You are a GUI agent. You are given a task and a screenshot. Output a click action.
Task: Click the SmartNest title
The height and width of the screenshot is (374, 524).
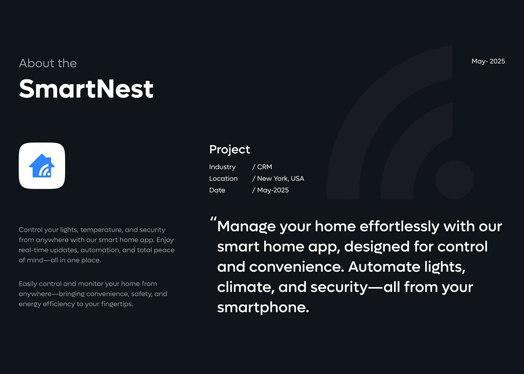[x=86, y=88]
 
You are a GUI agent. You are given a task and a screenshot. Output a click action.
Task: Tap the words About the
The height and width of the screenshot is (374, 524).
[x=48, y=63]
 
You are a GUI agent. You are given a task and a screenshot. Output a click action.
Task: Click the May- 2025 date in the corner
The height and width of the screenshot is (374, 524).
[x=488, y=61]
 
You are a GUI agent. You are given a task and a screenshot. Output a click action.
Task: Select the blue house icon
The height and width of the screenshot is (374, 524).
[x=42, y=166]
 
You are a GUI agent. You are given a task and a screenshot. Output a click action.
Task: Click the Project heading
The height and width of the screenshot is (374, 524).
[x=229, y=150]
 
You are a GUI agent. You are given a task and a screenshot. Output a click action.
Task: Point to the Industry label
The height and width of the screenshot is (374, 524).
[x=222, y=167]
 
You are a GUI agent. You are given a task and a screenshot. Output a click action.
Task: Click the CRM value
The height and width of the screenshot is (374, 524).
[x=265, y=167]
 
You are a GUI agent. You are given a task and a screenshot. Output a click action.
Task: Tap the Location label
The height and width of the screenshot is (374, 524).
[x=223, y=178]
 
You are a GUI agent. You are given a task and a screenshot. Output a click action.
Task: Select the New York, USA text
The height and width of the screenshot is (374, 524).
[x=280, y=178]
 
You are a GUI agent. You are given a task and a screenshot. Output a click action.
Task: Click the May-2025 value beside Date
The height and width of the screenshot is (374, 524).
[x=273, y=190]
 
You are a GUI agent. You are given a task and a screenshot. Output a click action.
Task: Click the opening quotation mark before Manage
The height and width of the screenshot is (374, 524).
[x=213, y=219]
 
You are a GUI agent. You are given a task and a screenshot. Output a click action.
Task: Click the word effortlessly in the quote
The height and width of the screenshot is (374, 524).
[x=400, y=226]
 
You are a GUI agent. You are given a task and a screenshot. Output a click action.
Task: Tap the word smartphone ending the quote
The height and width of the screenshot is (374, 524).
[x=263, y=308]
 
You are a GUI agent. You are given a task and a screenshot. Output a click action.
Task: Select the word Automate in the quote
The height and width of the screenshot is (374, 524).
[x=384, y=267]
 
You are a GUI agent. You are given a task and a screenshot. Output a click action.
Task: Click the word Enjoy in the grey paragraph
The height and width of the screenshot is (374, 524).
[x=165, y=240]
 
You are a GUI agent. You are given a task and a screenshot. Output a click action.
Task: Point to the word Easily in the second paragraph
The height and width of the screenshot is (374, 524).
[x=28, y=284]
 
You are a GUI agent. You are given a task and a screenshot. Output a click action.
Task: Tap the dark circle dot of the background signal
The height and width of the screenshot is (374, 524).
[x=454, y=180]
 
